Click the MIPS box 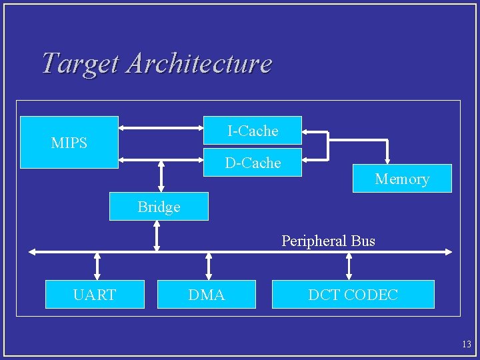[69, 142]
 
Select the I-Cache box [253, 131]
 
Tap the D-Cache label [253, 163]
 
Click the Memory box [402, 178]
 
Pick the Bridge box [159, 207]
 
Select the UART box [95, 294]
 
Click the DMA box [206, 294]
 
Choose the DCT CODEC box [353, 294]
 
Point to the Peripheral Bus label [328, 241]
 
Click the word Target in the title [81, 63]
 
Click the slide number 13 [466, 344]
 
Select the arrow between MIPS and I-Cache [160, 128]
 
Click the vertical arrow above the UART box [97, 266]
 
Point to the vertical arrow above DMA [209, 266]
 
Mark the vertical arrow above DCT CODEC [349, 266]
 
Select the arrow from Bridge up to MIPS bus [161, 177]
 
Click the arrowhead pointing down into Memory [387, 160]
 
